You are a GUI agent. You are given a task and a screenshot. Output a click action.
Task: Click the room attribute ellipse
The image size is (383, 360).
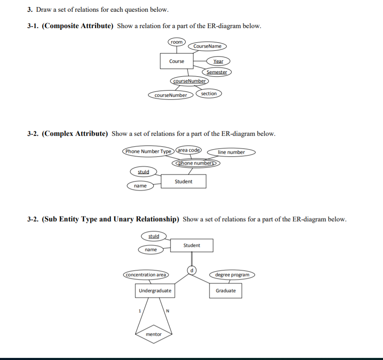click(x=177, y=42)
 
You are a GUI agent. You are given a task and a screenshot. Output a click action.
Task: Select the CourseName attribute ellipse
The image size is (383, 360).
click(x=207, y=46)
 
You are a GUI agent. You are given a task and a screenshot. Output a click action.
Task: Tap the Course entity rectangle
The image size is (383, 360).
click(x=176, y=61)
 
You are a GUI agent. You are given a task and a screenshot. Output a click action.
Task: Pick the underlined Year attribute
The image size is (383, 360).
click(x=218, y=61)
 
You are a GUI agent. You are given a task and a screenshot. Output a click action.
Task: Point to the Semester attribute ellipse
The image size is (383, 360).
click(x=217, y=72)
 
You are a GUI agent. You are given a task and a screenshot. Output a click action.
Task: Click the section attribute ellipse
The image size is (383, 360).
click(x=209, y=93)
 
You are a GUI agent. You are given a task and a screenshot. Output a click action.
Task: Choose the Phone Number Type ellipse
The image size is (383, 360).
click(x=148, y=151)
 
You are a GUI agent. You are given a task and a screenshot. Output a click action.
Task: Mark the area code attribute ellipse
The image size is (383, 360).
click(x=189, y=150)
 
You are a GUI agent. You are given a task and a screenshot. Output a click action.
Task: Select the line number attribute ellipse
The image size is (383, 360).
click(x=231, y=152)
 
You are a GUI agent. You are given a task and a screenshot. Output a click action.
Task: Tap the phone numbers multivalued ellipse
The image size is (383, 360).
click(x=196, y=163)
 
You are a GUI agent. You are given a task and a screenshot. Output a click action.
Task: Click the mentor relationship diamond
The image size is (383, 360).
click(x=153, y=334)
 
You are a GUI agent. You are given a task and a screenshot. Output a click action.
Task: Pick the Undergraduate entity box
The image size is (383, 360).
click(x=155, y=290)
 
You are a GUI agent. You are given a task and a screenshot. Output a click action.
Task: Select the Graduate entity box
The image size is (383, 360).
click(x=225, y=290)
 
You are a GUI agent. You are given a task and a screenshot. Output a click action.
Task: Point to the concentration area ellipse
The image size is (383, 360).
click(x=146, y=275)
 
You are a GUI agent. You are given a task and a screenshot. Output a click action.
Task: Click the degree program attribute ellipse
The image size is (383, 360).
click(x=232, y=275)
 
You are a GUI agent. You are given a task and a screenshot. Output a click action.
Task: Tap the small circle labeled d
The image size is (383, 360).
click(x=192, y=270)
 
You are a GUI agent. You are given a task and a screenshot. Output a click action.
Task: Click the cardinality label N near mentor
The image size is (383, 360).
click(x=167, y=311)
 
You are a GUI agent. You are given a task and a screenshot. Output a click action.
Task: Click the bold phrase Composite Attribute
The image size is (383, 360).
click(x=78, y=26)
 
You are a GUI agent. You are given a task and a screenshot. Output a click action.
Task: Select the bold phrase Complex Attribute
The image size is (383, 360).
click(x=75, y=134)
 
